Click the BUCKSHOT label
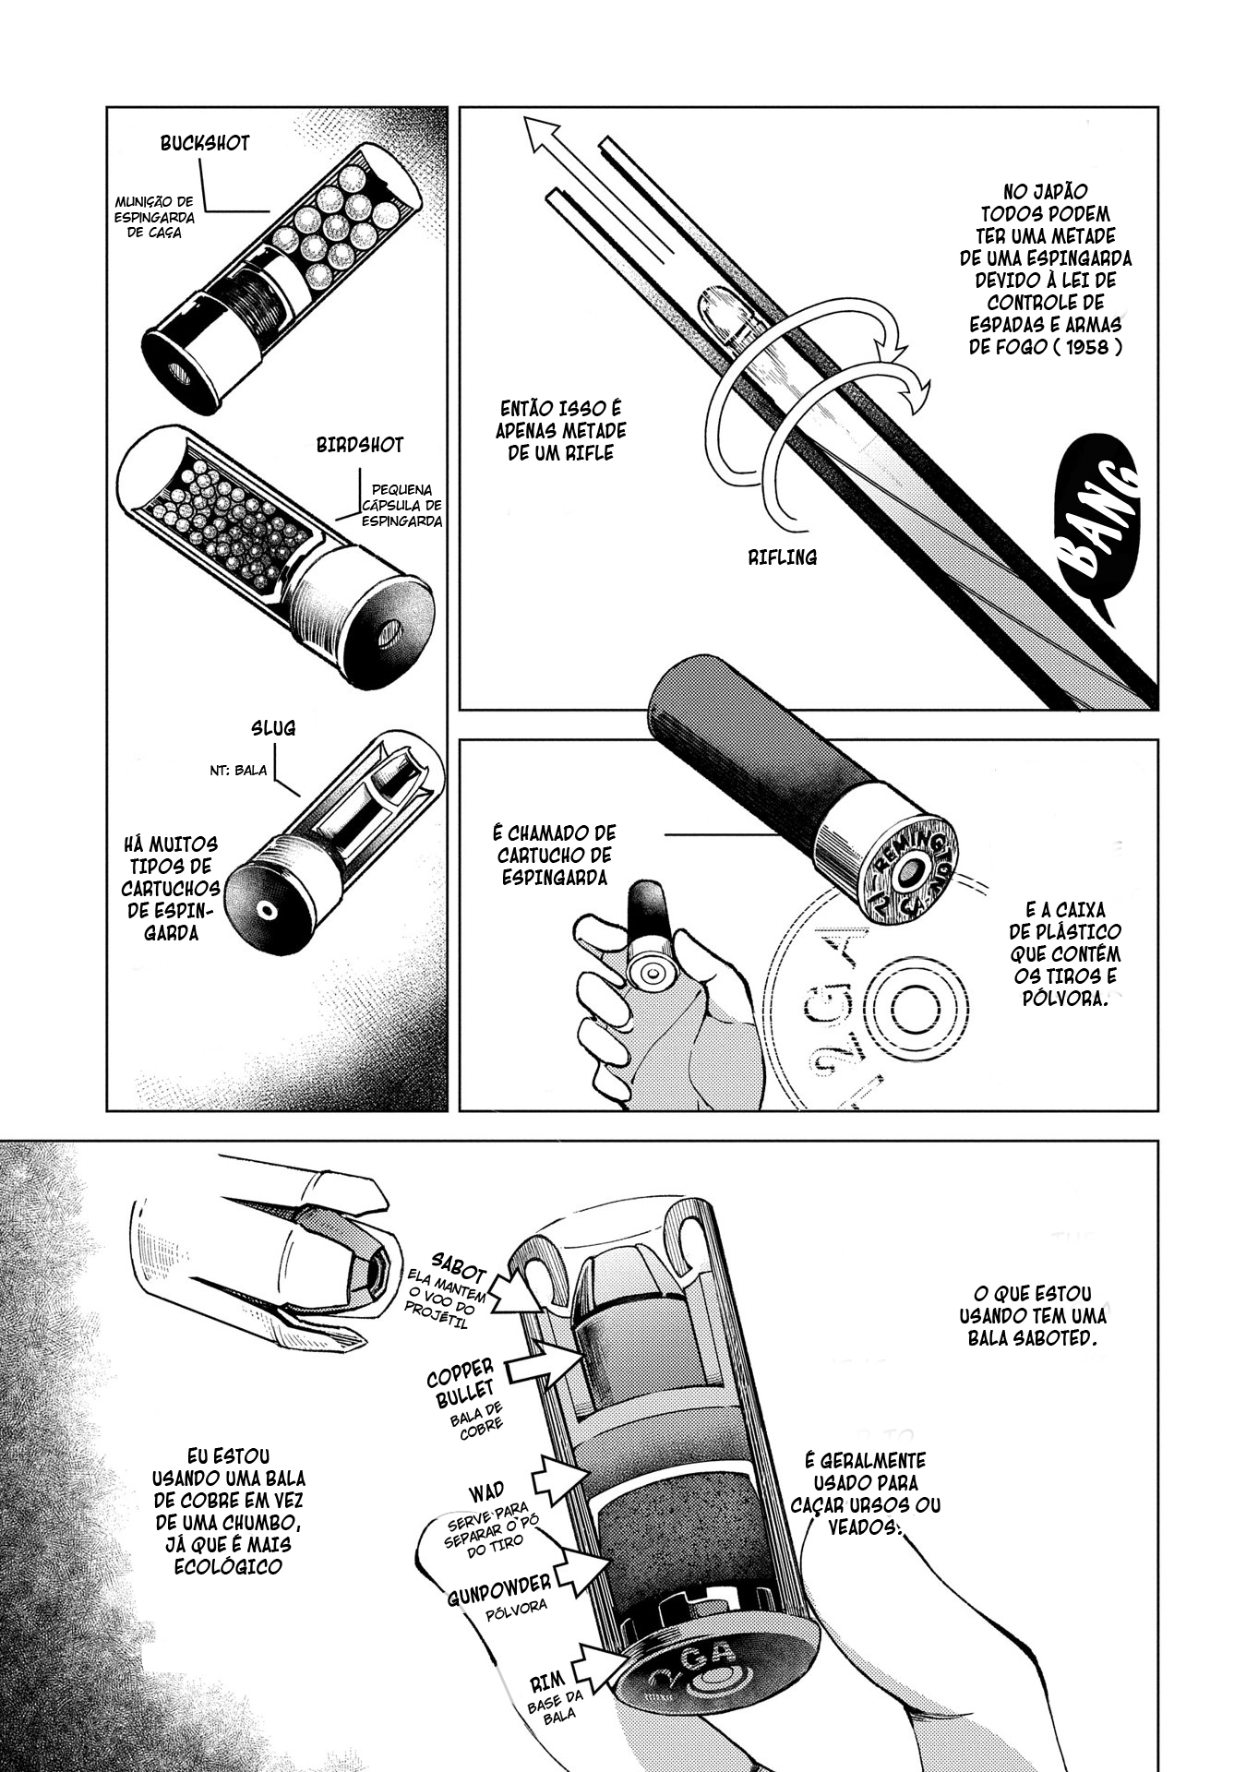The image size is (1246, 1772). (205, 144)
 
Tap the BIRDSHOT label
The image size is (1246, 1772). (360, 445)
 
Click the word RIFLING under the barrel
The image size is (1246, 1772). (784, 557)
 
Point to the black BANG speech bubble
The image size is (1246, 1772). (1098, 521)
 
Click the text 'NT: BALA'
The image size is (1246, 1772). (238, 770)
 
